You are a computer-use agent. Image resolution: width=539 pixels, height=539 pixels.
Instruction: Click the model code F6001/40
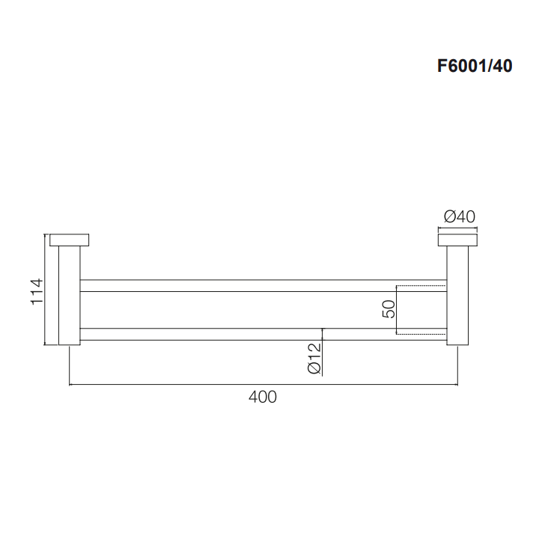[x=475, y=66]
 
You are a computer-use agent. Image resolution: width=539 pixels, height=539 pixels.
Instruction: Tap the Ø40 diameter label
[x=458, y=217]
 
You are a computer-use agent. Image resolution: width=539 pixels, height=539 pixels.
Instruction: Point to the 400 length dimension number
[x=262, y=397]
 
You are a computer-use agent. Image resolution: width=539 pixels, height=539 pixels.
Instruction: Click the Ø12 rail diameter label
[x=314, y=358]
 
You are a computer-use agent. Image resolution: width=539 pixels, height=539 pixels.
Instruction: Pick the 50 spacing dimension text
[x=389, y=308]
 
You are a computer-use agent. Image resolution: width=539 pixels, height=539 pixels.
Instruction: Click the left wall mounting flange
[x=69, y=240]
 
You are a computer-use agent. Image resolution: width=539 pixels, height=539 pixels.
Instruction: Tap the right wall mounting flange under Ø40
[x=457, y=240]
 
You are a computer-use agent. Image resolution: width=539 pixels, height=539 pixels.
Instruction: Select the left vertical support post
[x=69, y=296]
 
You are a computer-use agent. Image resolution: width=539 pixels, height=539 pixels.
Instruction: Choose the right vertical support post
[x=457, y=296]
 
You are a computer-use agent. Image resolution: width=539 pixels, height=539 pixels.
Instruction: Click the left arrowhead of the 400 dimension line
[x=72, y=385]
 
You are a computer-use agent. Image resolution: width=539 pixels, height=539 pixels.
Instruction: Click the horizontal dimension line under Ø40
[x=457, y=229]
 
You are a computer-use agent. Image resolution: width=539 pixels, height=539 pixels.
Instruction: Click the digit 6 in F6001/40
[x=451, y=66]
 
